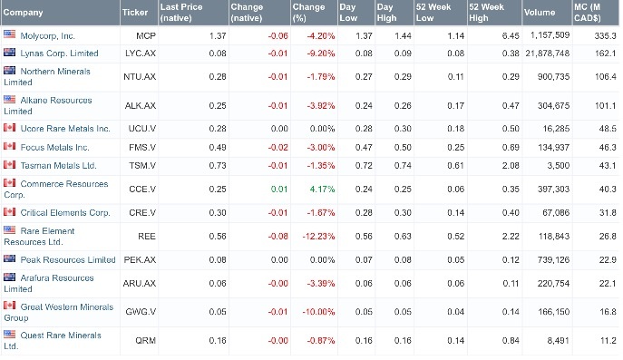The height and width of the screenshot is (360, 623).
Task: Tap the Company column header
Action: (x=24, y=13)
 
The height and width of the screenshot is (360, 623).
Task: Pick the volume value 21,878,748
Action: (x=545, y=54)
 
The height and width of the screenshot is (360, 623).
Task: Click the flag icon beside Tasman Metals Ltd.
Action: (x=11, y=164)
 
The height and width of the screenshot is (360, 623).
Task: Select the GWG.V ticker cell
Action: (x=139, y=311)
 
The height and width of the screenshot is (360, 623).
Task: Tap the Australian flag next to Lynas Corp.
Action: (x=11, y=54)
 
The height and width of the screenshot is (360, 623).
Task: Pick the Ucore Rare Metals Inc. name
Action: (x=64, y=128)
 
